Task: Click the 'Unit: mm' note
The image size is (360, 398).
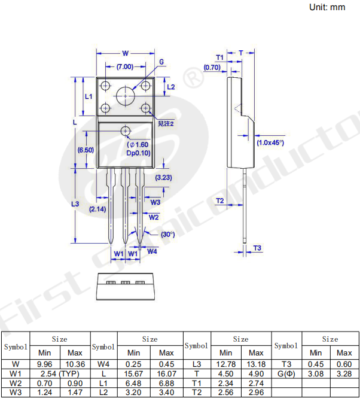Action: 327,7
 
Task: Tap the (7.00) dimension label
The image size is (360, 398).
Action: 125,67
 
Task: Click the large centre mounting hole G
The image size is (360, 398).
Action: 126,96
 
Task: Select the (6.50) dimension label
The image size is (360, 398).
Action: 86,150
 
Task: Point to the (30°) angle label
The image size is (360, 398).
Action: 167,234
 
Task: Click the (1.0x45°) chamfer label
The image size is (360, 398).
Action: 270,142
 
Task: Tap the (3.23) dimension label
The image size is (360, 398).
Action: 163,177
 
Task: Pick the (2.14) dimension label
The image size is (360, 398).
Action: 97,209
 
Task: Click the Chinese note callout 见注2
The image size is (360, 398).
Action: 166,124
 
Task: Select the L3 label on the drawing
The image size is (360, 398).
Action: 75,204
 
